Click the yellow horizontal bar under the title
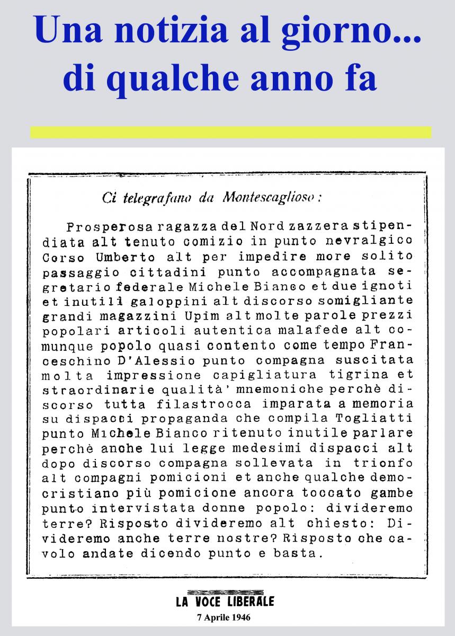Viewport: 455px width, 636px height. tap(230, 132)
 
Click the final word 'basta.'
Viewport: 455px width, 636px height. tap(297, 555)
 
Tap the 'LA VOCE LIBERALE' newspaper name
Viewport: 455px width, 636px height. tap(225, 601)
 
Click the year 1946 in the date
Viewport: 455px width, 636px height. tap(239, 617)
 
